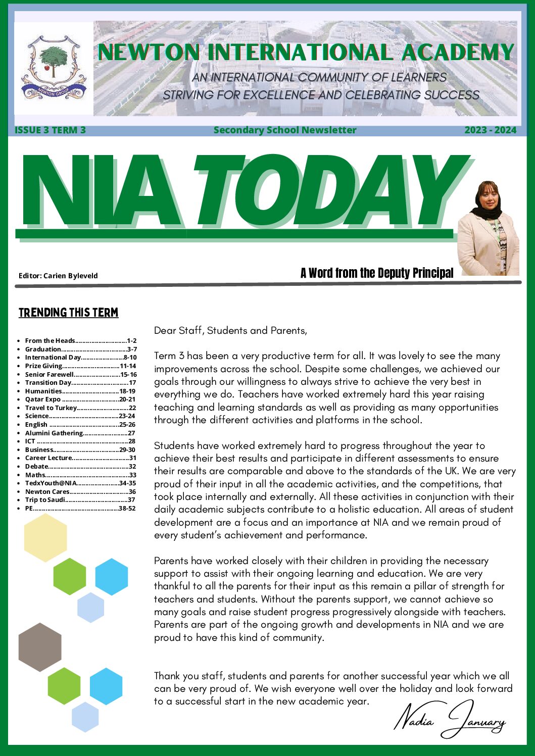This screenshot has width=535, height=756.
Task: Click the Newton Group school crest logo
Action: click(54, 67)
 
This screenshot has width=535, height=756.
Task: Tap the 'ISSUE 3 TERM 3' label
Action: click(50, 130)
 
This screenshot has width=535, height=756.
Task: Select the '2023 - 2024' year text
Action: click(490, 130)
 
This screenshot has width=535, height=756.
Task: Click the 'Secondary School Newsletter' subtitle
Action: click(284, 130)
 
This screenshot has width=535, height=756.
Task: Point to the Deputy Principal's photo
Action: click(488, 230)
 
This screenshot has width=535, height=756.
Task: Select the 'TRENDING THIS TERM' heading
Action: click(68, 313)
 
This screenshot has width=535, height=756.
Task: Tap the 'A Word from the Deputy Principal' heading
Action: click(376, 273)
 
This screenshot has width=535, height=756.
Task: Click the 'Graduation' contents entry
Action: click(43, 349)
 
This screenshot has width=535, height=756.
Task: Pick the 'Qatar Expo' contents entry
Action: click(43, 399)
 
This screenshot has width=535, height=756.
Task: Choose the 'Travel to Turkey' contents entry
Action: click(51, 408)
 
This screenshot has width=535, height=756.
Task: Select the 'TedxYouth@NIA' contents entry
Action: click(51, 483)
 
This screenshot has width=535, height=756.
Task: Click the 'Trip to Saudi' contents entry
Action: click(45, 499)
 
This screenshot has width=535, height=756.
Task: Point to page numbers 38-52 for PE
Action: click(127, 508)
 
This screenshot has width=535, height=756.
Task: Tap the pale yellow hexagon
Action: click(45, 537)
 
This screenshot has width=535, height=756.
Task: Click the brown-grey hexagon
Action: click(40, 647)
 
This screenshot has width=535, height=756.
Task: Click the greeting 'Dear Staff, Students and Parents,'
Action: click(230, 331)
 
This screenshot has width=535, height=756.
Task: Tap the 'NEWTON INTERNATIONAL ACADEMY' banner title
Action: click(306, 53)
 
